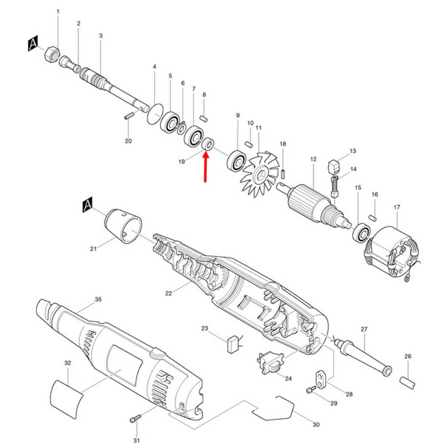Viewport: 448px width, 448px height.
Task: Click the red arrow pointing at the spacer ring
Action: click(x=206, y=167)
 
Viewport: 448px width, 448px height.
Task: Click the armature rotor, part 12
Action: click(x=314, y=204)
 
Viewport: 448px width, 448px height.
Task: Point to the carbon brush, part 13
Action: click(x=334, y=167)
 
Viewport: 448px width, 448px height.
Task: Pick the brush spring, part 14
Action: click(x=335, y=186)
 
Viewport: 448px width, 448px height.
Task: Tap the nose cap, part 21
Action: click(x=123, y=226)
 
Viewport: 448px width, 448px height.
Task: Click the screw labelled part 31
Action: click(x=135, y=419)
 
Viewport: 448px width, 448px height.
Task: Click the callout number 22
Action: click(x=168, y=293)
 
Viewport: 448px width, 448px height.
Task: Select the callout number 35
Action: click(x=98, y=299)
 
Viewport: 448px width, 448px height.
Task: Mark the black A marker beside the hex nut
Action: click(x=33, y=43)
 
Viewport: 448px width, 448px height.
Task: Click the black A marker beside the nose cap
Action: click(x=87, y=205)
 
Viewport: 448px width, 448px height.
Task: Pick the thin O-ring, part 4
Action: click(x=154, y=114)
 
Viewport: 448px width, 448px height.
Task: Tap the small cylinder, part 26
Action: click(x=407, y=383)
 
